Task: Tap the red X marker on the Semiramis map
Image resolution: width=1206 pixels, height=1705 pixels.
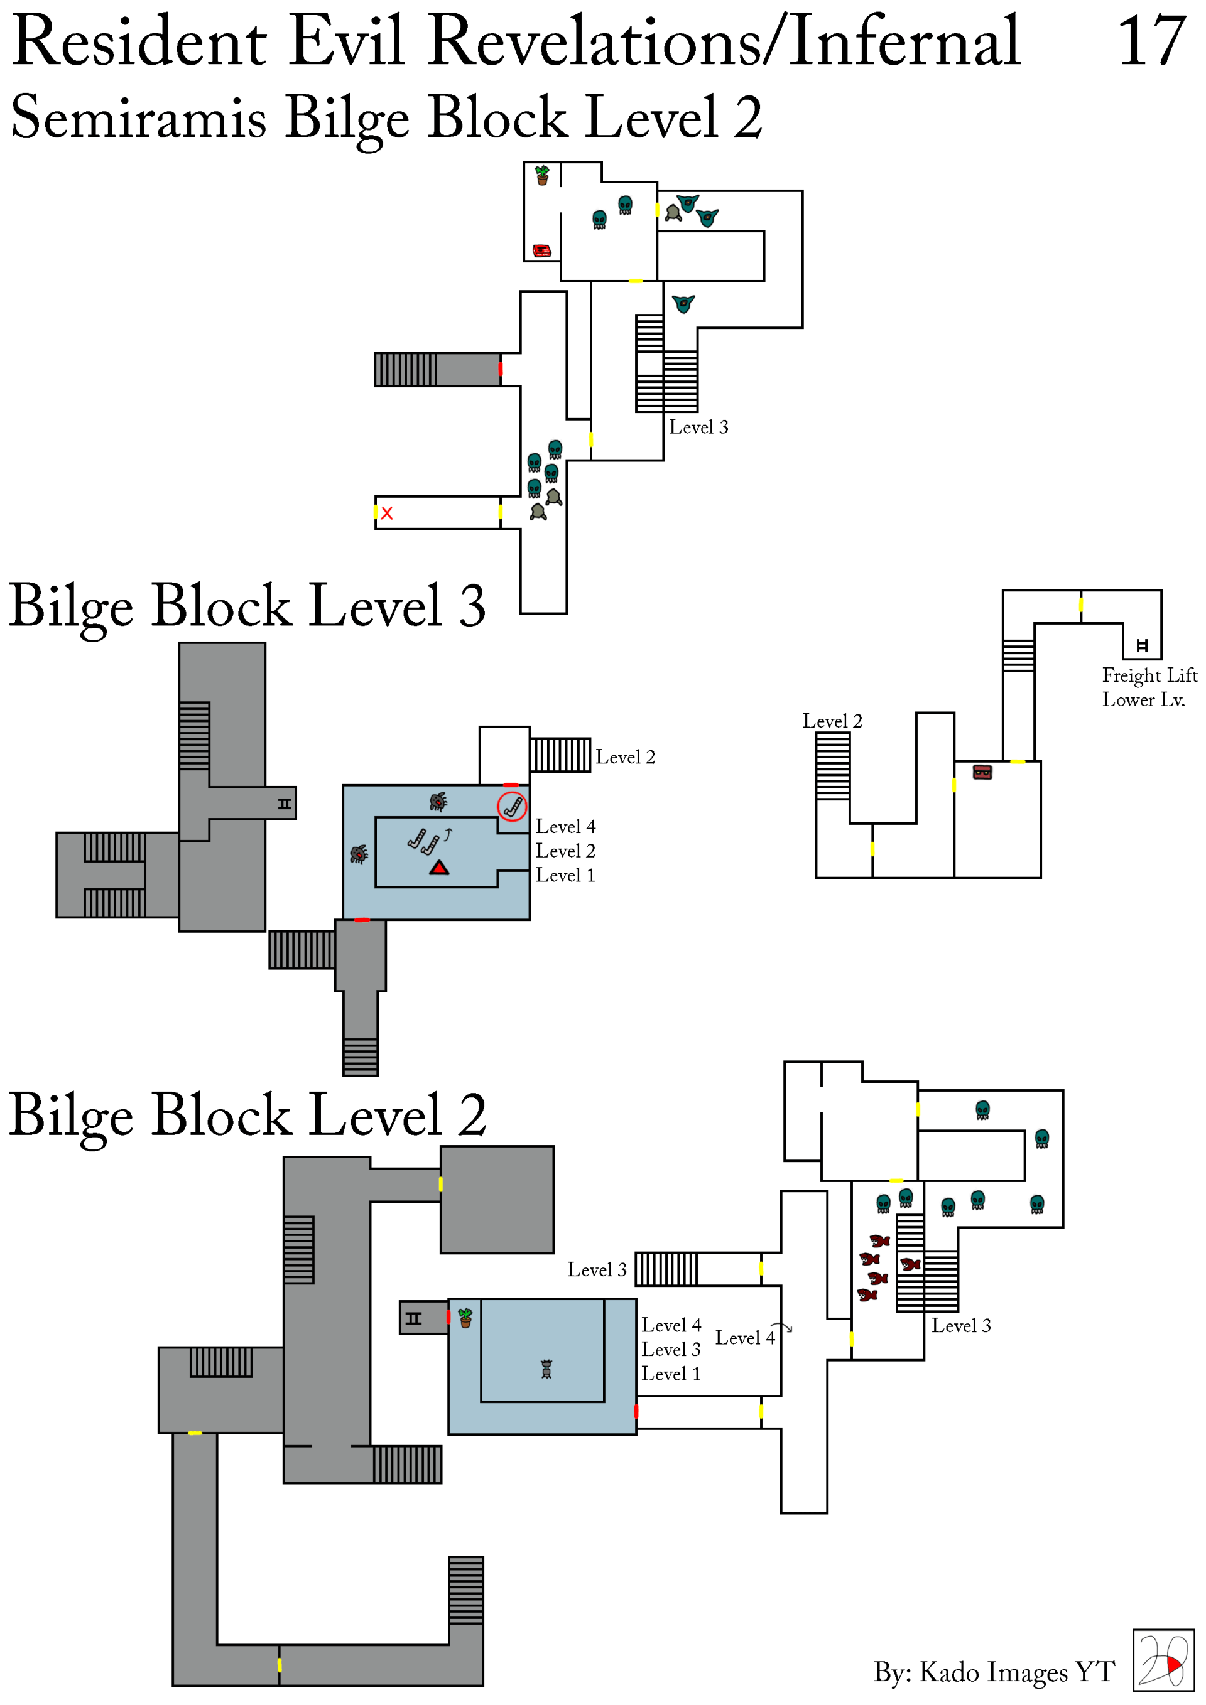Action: coord(387,513)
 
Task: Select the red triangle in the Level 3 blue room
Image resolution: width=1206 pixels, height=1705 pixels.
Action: coord(439,868)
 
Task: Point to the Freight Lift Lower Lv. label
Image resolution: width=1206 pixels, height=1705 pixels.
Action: coord(1149,687)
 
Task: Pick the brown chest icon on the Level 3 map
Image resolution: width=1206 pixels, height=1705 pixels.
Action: coord(982,772)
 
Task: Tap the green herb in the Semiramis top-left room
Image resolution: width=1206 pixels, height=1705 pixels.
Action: coord(543,175)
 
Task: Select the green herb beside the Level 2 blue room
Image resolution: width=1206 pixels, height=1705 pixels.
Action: coord(465,1318)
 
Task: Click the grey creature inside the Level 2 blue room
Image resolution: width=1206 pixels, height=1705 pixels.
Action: coord(546,1369)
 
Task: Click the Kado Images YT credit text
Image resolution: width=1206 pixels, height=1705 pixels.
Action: coord(994,1672)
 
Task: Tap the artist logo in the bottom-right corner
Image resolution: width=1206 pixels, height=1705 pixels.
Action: coord(1163,1660)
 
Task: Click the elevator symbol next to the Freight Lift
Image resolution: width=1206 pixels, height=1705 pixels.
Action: coord(1142,645)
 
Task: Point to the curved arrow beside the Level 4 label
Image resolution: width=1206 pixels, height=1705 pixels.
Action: coord(782,1327)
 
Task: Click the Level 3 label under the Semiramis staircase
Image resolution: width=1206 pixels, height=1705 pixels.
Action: coord(698,427)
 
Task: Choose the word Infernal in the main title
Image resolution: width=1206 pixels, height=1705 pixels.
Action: coord(905,42)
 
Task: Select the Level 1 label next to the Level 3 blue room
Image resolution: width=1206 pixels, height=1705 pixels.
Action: coord(565,876)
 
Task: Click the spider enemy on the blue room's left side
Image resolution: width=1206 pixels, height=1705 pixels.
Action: coord(359,854)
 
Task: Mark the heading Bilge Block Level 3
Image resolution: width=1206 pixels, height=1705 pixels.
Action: coord(247,606)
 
